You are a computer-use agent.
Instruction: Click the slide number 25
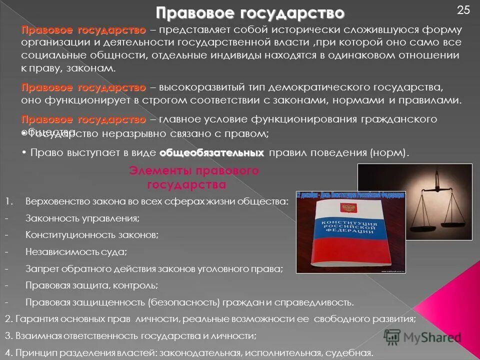[463, 9]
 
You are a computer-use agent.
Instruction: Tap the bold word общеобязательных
[212, 152]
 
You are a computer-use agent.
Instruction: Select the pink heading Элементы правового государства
[194, 177]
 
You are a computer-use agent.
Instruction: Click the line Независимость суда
[76, 251]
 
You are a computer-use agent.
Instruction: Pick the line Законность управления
[82, 218]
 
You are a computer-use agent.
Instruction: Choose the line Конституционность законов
[92, 234]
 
